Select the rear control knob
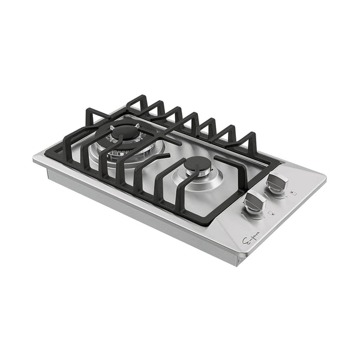278,182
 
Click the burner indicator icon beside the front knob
271,214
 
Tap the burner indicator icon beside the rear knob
292,193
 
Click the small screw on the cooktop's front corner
238,260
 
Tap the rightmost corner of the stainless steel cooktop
326,178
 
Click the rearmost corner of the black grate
139,96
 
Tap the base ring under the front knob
253,213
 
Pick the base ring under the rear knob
277,192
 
